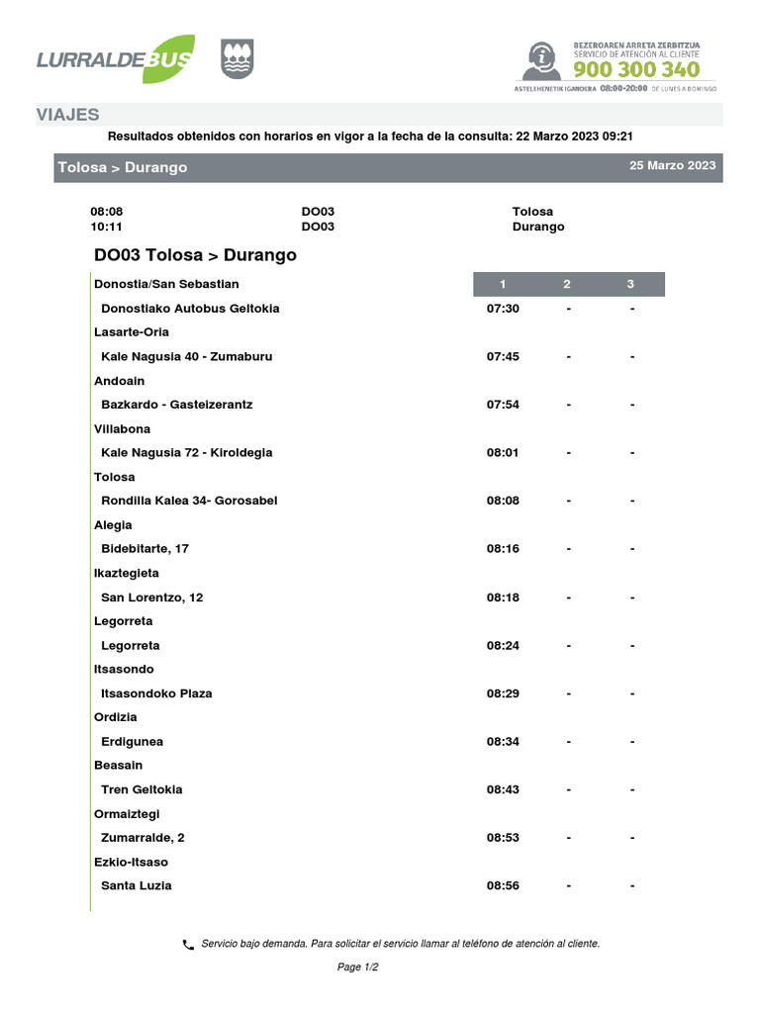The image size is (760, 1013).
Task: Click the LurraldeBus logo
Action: (115, 59)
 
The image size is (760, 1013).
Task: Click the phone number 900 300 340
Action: (636, 69)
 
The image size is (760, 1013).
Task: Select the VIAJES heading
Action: (67, 115)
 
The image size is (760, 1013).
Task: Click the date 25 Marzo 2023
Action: (672, 166)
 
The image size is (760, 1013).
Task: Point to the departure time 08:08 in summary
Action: (106, 212)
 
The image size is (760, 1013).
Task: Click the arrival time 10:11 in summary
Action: (106, 227)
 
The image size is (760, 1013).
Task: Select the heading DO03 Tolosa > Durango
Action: (195, 255)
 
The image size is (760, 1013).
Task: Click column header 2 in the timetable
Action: (567, 285)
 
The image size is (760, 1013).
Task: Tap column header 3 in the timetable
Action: (630, 285)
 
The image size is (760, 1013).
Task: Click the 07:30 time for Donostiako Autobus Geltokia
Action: (503, 309)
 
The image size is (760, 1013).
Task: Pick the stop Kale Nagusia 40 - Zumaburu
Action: (186, 356)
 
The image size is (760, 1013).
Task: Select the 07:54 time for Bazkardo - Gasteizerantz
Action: (503, 405)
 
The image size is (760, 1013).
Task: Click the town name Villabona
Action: (122, 429)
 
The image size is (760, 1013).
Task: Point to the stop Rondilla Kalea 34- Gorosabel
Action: (189, 501)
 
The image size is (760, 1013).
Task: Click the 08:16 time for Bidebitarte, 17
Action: (503, 549)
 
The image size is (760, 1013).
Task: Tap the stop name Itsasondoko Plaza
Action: (156, 693)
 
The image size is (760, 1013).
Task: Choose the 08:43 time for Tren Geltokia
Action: (503, 789)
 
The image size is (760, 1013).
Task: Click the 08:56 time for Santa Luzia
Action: (503, 885)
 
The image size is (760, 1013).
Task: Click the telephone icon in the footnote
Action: (188, 945)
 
